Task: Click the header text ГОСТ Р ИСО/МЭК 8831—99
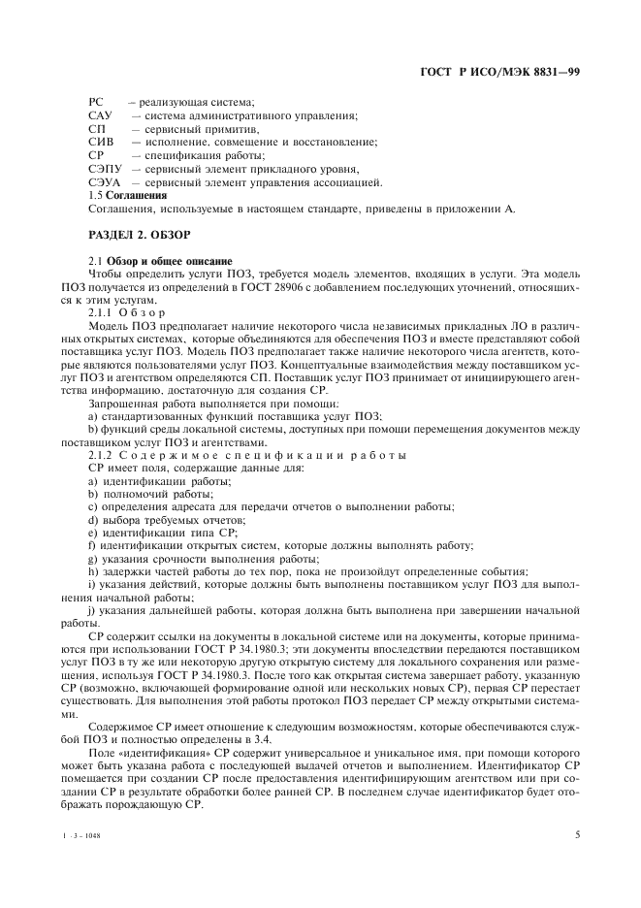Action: click(x=498, y=72)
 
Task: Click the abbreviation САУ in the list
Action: click(x=100, y=116)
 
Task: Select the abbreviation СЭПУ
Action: click(x=104, y=169)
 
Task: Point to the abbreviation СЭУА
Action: click(x=104, y=182)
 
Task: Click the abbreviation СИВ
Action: click(x=100, y=143)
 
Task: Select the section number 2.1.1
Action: click(x=102, y=312)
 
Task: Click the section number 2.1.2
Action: click(x=102, y=455)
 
